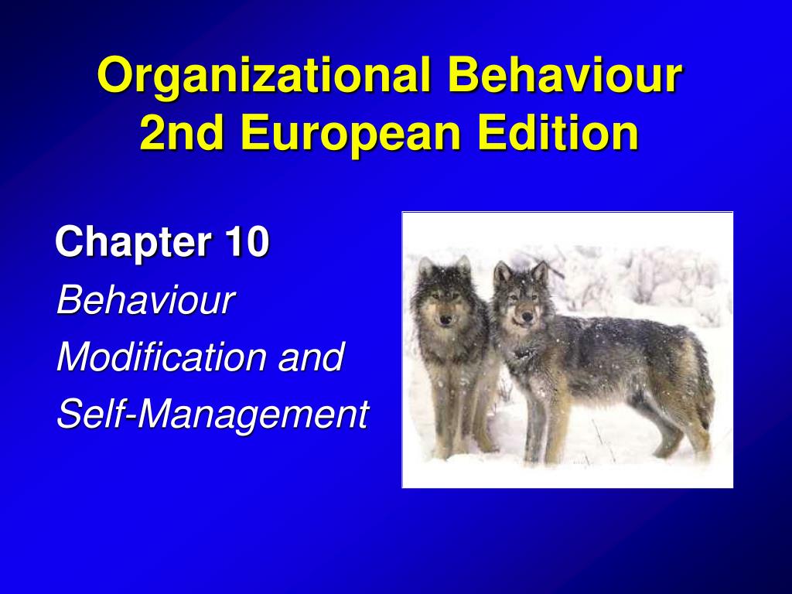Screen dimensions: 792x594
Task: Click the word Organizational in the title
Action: click(x=264, y=76)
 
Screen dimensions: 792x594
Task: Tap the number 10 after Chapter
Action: click(x=247, y=241)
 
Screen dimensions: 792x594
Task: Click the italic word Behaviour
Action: click(x=146, y=300)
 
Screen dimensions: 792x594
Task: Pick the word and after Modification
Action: click(x=312, y=357)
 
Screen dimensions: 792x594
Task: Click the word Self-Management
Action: click(x=213, y=414)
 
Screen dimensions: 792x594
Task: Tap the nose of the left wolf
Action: click(x=445, y=319)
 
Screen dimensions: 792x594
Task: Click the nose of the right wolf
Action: click(x=526, y=316)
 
